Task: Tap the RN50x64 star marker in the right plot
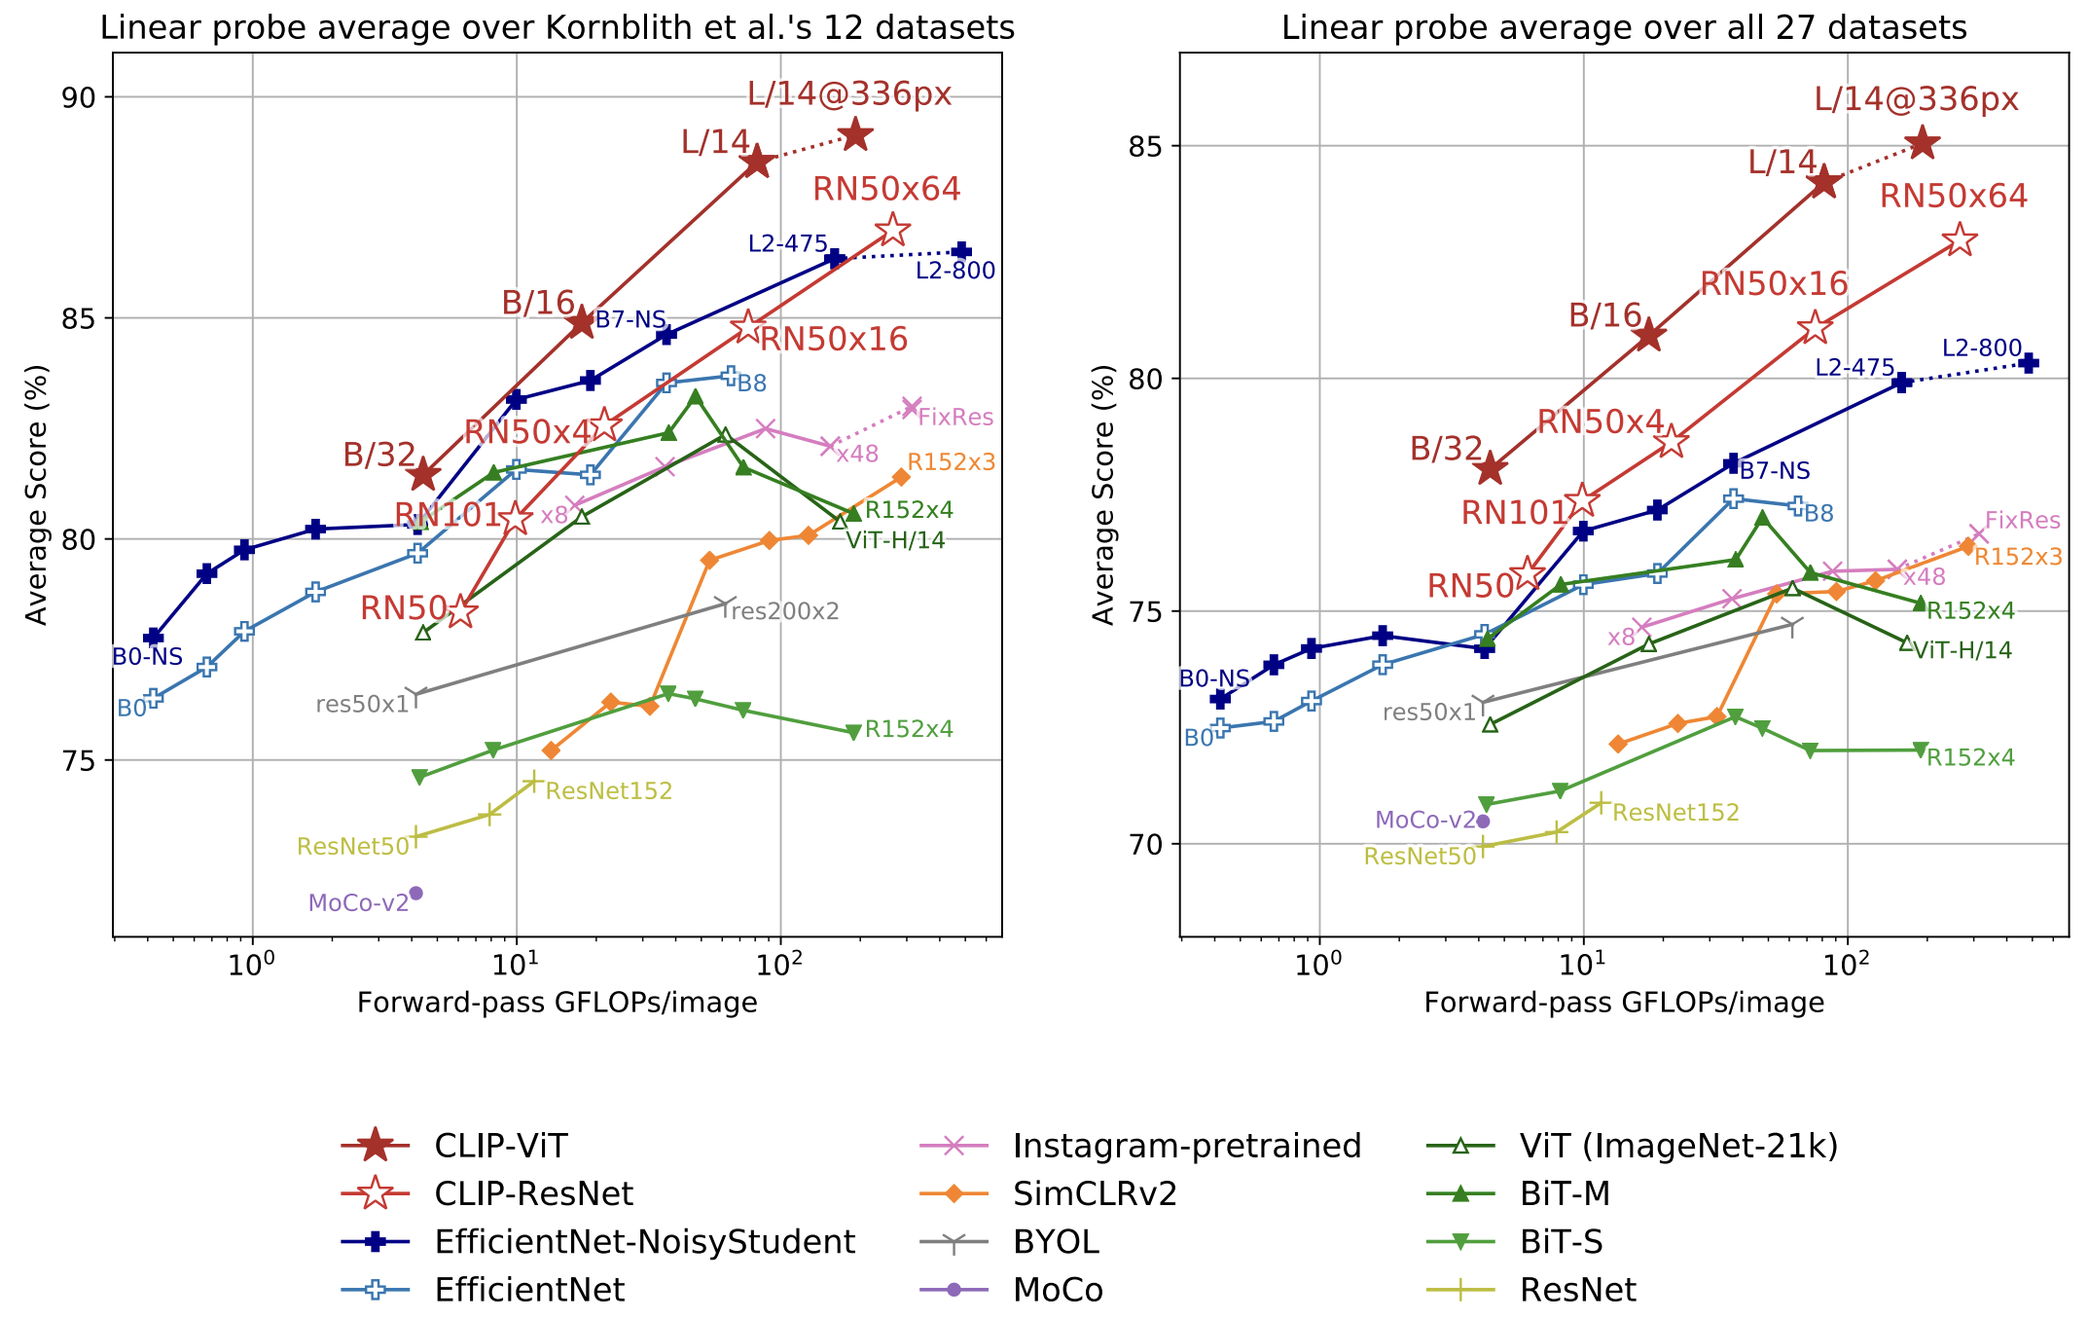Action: pos(1960,240)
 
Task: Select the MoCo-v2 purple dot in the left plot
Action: pos(415,893)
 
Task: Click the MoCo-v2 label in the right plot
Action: pos(1425,821)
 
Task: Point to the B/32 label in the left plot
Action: pos(379,455)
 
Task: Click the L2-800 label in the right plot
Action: pos(1981,348)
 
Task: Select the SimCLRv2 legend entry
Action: pos(1095,1193)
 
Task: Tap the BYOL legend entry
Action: pos(1056,1242)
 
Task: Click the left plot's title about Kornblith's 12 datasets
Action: pos(558,27)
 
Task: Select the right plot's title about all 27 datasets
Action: pos(1624,27)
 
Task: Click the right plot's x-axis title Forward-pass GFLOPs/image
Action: pos(1624,1003)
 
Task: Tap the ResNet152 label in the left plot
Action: pos(609,791)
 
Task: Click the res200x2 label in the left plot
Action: pos(783,611)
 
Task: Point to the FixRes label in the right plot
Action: pos(2022,521)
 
